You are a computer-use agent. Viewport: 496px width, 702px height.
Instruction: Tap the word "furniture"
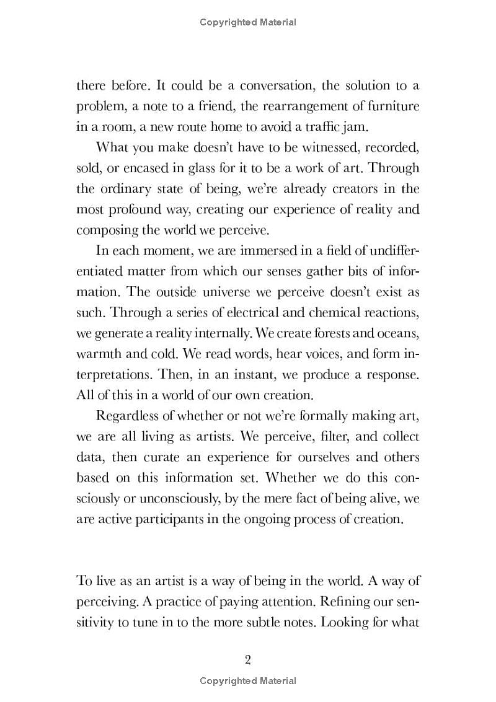[x=391, y=106]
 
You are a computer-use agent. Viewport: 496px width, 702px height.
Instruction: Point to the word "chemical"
[x=345, y=312]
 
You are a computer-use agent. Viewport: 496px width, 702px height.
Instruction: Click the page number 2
[x=247, y=659]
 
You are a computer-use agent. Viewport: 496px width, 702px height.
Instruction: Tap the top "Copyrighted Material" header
[x=248, y=22]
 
